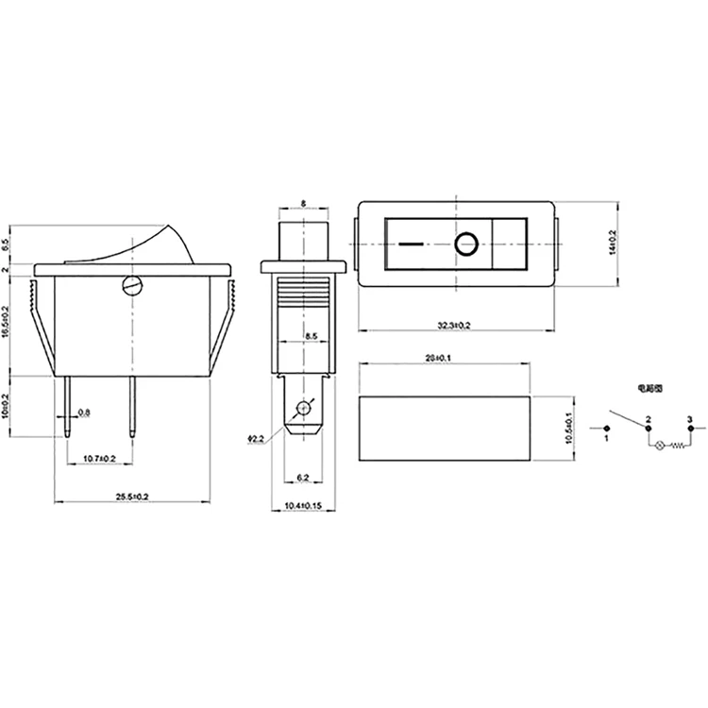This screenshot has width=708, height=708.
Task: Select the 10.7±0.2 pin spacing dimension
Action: [100, 458]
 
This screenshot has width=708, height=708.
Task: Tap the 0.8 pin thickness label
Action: [84, 413]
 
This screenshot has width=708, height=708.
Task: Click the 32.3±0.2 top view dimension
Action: [454, 325]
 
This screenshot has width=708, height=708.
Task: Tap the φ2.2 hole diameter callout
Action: [256, 438]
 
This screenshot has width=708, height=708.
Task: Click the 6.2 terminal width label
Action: [303, 479]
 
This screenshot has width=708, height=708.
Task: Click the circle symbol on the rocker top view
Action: [464, 245]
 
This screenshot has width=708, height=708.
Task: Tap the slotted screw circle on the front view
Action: [133, 284]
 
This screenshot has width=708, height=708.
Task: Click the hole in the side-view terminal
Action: [303, 409]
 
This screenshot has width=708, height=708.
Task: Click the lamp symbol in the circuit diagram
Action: [660, 444]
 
